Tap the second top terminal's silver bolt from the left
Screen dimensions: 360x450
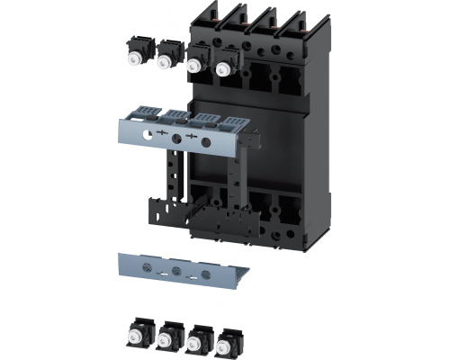pos(166,61)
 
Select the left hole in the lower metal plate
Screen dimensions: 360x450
pos(150,268)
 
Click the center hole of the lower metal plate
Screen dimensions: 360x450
pos(175,270)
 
